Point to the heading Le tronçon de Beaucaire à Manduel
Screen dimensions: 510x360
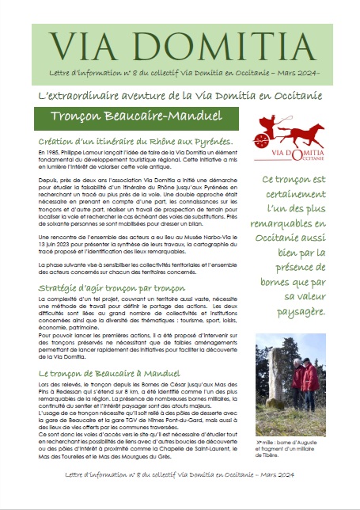coord(107,371)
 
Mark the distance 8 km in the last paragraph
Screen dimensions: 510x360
coord(155,390)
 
